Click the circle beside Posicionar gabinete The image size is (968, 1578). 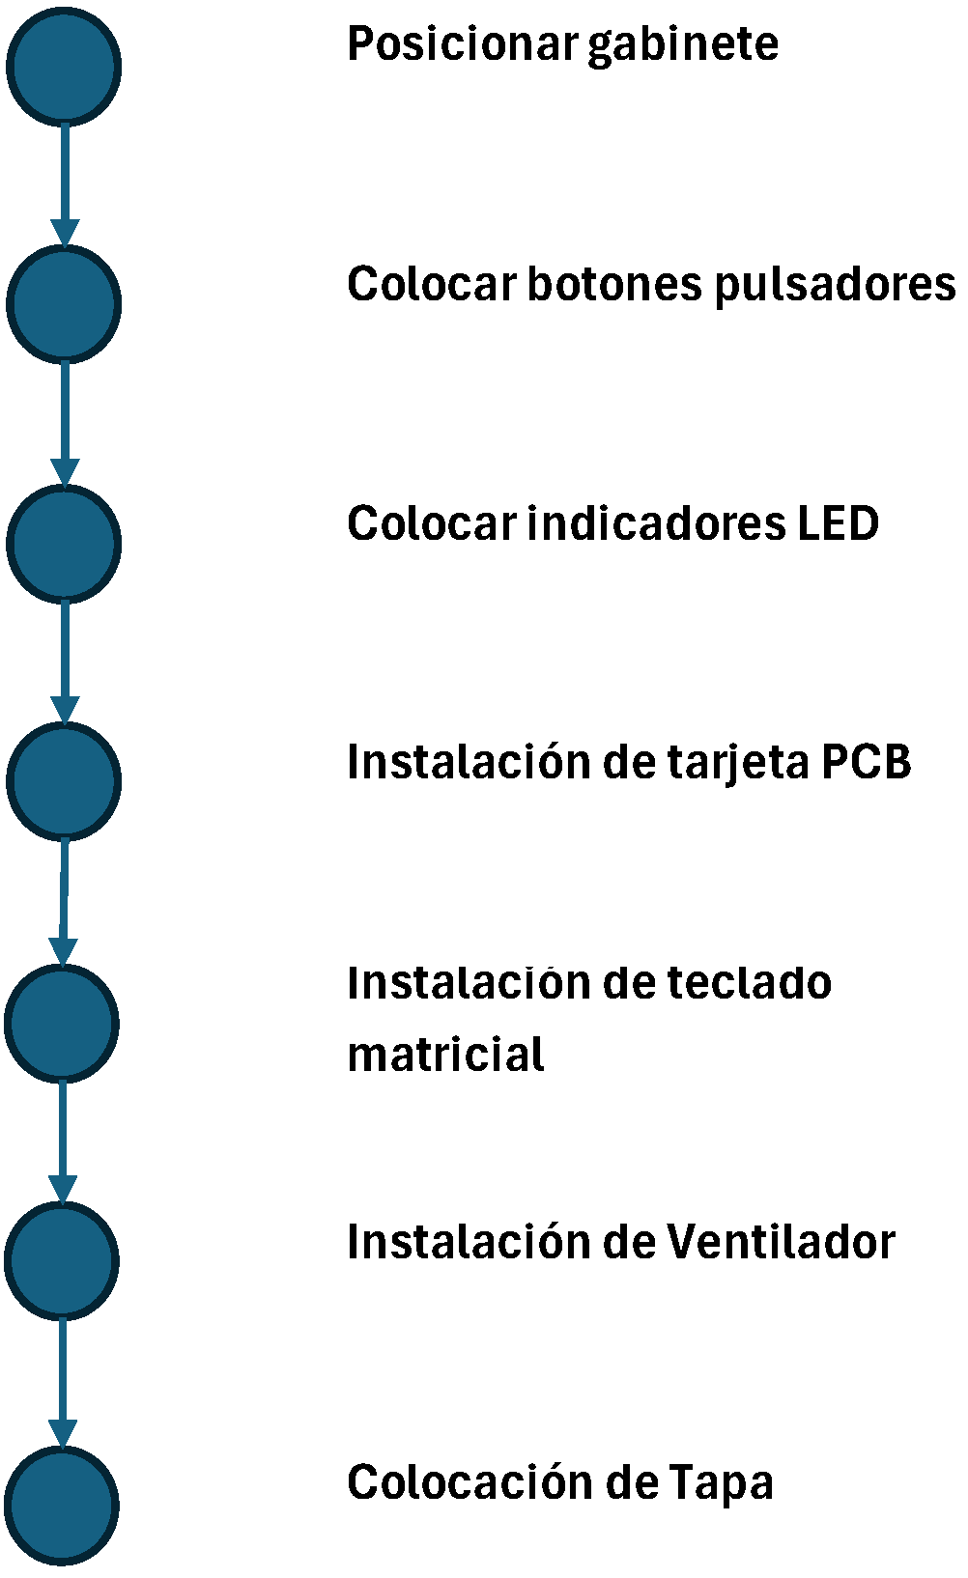click(64, 66)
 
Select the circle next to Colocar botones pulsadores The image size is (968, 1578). click(64, 303)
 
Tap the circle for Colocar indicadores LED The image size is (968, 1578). click(64, 543)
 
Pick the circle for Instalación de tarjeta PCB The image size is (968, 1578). click(64, 780)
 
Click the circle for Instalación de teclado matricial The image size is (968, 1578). click(62, 1022)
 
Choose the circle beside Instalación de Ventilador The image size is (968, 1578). click(62, 1260)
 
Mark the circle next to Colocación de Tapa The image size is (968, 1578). click(62, 1505)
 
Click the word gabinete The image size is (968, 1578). click(682, 44)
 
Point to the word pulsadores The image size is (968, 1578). click(835, 285)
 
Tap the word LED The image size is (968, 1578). click(838, 523)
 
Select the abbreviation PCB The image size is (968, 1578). click(867, 762)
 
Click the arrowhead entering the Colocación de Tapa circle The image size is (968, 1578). click(63, 1433)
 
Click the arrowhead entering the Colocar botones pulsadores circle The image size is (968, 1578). click(65, 233)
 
